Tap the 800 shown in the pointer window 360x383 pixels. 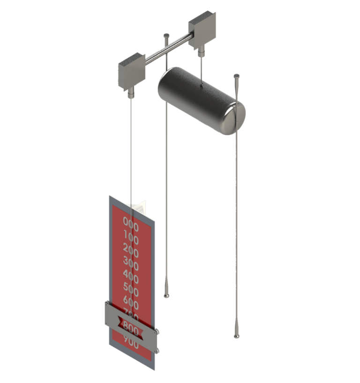click(130, 328)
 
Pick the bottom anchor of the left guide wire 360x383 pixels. click(166, 295)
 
